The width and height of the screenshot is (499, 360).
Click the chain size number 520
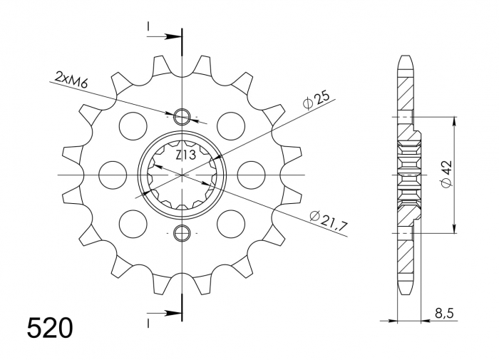tap(49, 329)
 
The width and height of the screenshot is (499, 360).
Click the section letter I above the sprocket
tap(148, 26)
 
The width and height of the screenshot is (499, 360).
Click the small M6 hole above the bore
tap(182, 116)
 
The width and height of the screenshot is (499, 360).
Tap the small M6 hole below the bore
tap(182, 232)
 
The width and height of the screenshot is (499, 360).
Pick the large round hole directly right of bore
tap(250, 174)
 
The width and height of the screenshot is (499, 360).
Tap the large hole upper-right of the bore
tap(230, 126)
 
